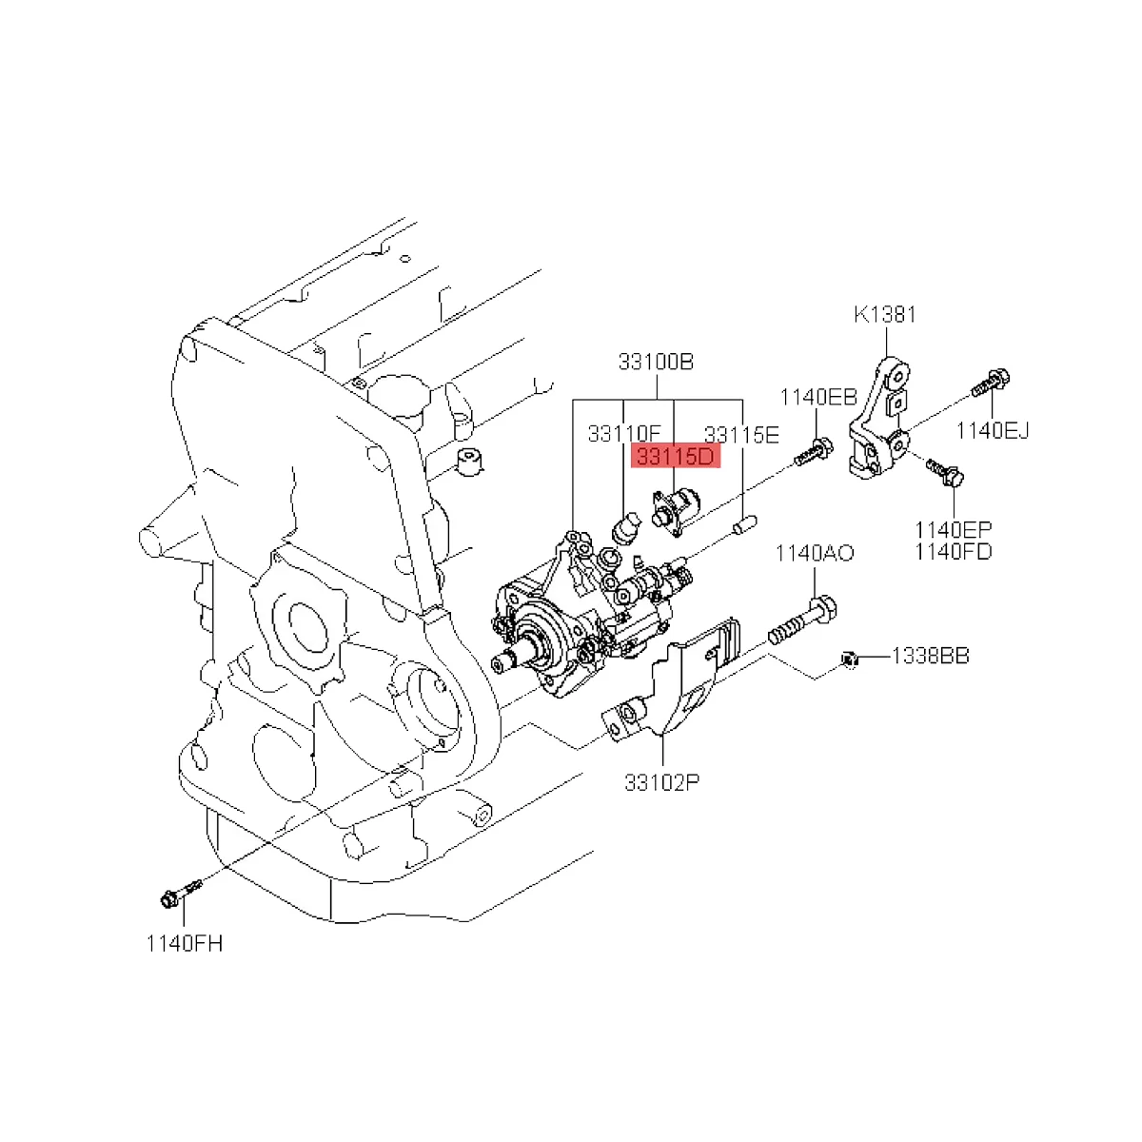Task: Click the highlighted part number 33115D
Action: tap(675, 457)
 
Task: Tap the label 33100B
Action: tap(656, 362)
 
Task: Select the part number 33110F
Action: tap(623, 434)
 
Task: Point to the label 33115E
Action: tap(741, 434)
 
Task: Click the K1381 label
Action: tap(884, 314)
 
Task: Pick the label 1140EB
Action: tap(819, 397)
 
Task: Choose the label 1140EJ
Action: tap(994, 430)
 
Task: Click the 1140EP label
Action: tap(954, 529)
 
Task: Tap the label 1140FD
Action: tap(954, 551)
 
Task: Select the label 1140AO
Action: tap(814, 553)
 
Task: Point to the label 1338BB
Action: tap(930, 656)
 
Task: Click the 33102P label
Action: tap(662, 782)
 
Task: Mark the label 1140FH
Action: tap(184, 943)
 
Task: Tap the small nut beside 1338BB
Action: tap(851, 657)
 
